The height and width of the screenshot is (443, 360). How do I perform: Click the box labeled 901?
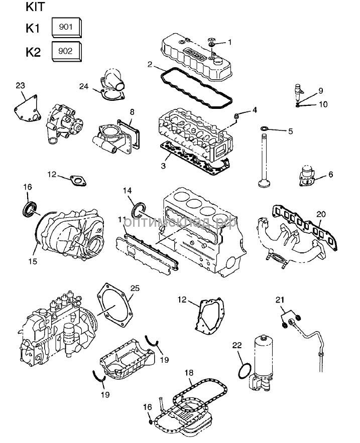[x=66, y=28]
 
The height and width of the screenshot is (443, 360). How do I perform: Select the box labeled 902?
[x=66, y=51]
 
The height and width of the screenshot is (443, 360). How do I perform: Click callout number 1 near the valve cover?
[x=230, y=42]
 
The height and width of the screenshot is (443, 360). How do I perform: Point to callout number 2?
[x=150, y=64]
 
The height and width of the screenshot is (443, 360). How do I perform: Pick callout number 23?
[x=20, y=86]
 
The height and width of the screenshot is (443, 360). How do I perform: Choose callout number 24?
[x=84, y=86]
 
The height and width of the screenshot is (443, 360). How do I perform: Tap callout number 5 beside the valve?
[x=290, y=131]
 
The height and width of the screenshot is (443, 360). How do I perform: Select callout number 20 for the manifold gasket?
[x=320, y=214]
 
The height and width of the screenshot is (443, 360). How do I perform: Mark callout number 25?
[x=134, y=288]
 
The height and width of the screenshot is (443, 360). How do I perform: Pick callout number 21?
[x=280, y=300]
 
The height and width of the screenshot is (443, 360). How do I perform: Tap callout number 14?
[x=128, y=191]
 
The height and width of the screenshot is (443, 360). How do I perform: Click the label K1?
[x=33, y=28]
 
